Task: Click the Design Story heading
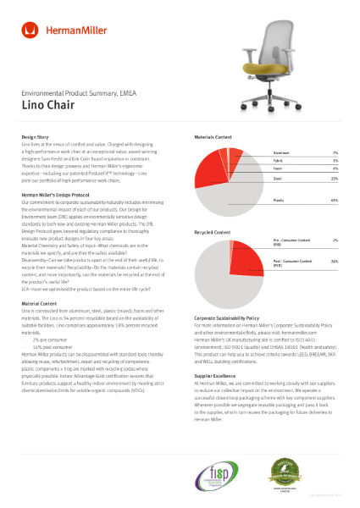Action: [36, 135]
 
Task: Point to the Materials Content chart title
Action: [213, 135]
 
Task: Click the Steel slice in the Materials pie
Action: [208, 168]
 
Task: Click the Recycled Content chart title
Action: [212, 231]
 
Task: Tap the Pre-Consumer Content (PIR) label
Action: [291, 243]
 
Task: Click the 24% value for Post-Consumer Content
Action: [335, 262]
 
